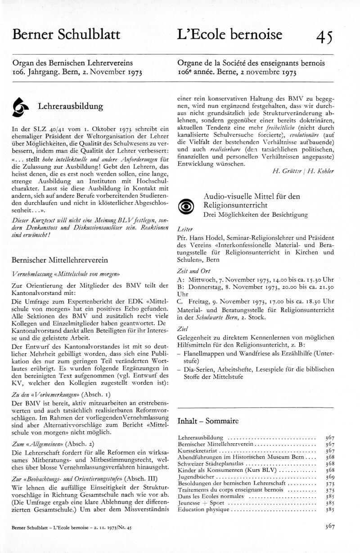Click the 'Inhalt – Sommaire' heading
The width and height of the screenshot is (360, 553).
208,422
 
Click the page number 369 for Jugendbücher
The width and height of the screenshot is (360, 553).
329,476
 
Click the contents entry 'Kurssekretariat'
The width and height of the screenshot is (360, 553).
197,450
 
